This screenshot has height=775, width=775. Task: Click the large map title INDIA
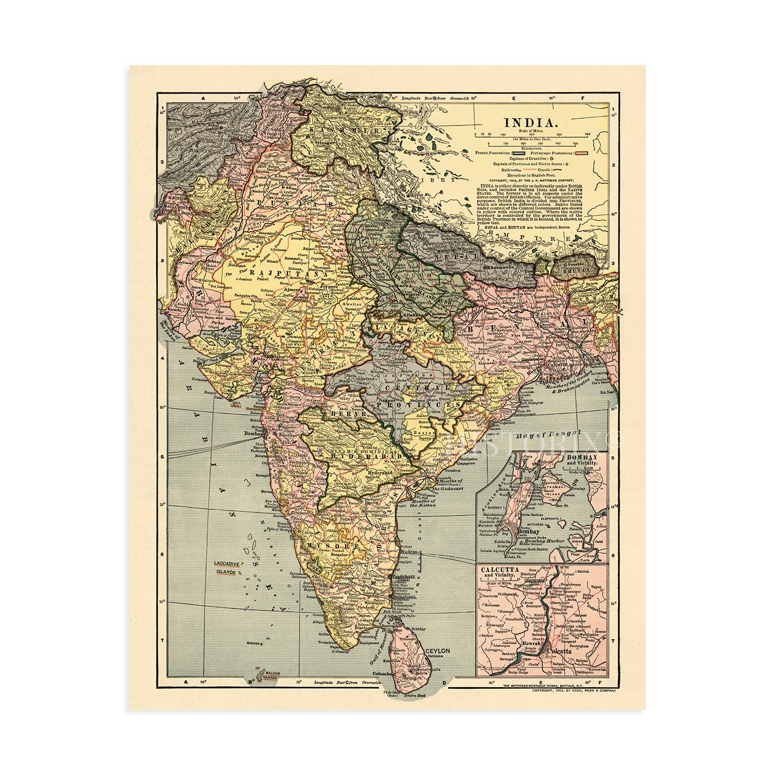coord(523,123)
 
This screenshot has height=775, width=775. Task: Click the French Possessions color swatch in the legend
coord(521,153)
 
